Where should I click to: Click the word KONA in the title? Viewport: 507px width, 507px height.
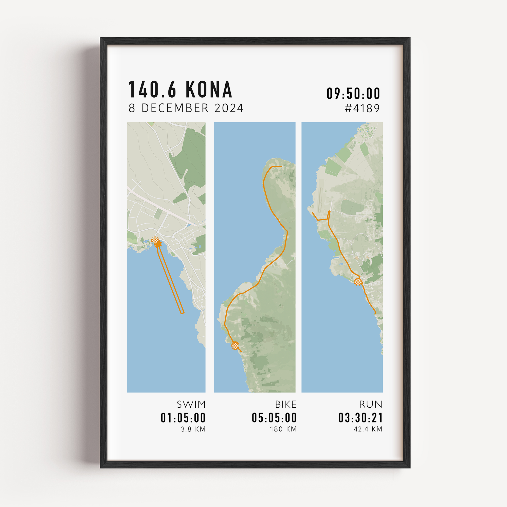tap(209, 89)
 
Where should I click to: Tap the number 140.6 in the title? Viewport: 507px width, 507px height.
tap(152, 89)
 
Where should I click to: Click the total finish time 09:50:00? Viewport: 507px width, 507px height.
tap(353, 94)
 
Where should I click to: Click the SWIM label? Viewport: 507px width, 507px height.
tap(191, 404)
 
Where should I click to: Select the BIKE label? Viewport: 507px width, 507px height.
tap(286, 404)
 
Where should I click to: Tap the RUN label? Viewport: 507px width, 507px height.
tap(371, 404)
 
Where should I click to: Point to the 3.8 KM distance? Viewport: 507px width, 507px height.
tap(193, 429)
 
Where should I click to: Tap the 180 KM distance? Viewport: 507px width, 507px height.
tap(283, 429)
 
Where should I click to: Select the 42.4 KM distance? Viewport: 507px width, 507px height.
tap(368, 429)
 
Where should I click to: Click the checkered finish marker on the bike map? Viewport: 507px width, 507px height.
tap(236, 346)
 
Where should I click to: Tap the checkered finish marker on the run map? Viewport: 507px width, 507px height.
tap(358, 282)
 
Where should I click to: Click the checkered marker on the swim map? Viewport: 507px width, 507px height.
tap(155, 240)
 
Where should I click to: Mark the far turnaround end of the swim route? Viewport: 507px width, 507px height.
tap(182, 313)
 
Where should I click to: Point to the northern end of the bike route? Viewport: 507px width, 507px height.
tap(281, 166)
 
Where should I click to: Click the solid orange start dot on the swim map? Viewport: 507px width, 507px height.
tap(158, 244)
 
